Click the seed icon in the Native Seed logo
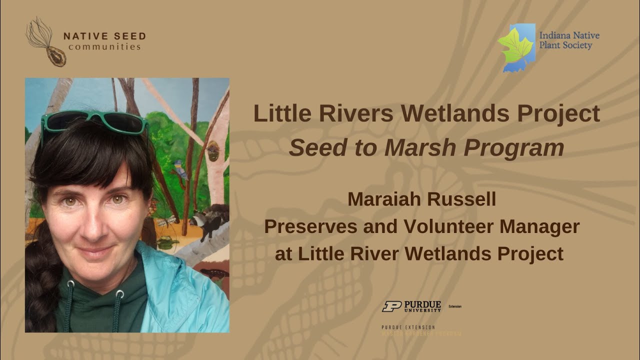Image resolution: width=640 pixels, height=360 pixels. point(56,56)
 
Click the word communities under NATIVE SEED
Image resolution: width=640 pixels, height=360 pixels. point(104,47)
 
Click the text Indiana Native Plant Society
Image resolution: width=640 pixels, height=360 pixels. point(569,40)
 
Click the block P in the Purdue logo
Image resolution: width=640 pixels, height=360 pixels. point(391,306)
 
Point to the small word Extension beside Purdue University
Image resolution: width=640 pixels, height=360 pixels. point(455,306)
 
